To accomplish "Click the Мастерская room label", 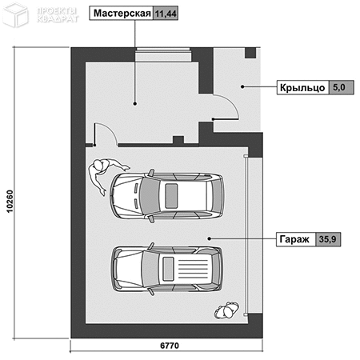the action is (x=122, y=13).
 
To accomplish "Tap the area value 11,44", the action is (x=166, y=14).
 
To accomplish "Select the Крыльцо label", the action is (x=302, y=88).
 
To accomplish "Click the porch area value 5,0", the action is (x=339, y=87).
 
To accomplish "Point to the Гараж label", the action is (x=294, y=239).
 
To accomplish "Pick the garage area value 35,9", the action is (x=328, y=239).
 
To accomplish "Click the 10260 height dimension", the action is (x=10, y=202).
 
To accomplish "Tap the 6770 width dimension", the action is (x=170, y=346).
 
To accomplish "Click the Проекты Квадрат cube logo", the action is (x=15, y=15).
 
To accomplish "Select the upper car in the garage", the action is (x=167, y=196).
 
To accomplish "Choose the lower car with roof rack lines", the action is (x=167, y=269).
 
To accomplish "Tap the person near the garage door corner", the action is (x=226, y=310).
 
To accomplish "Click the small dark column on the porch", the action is (x=250, y=53).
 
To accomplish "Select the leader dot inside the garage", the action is (x=210, y=238).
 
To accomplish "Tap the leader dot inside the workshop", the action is (x=135, y=103).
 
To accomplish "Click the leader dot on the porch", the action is (x=242, y=86).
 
